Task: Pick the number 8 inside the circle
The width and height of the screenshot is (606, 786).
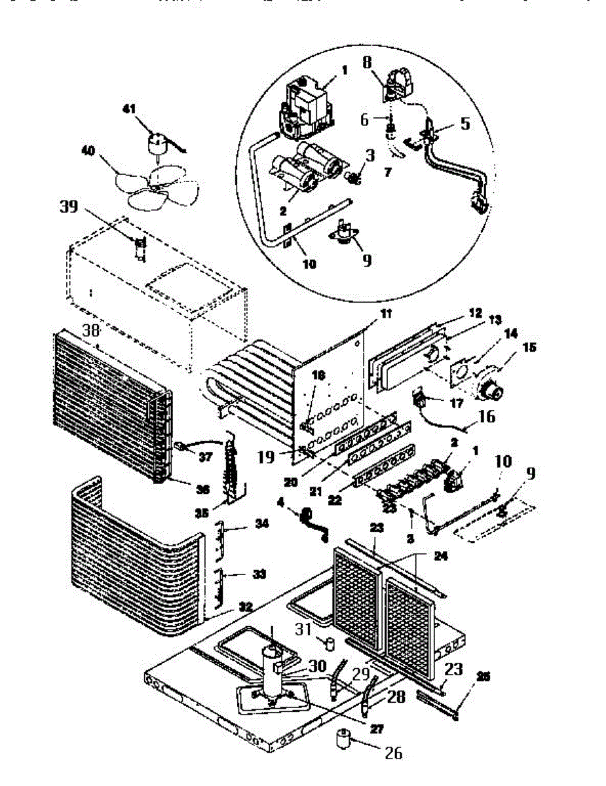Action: [366, 64]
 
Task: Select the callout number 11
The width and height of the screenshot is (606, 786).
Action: [387, 315]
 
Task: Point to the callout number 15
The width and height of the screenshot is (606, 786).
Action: [529, 347]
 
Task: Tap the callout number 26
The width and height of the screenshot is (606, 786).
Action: [393, 753]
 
